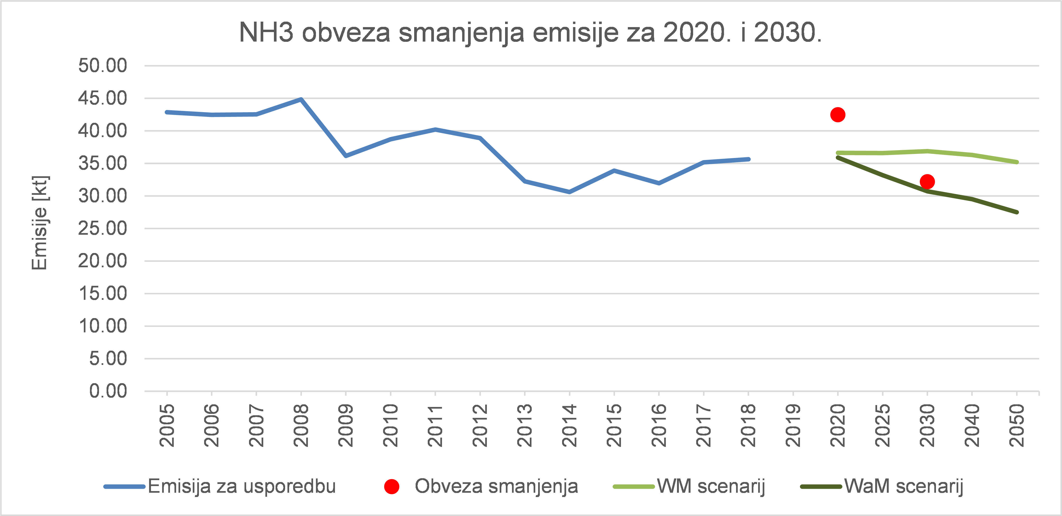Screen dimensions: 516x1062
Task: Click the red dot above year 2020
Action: pos(838,115)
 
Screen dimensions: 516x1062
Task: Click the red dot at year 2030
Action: pos(927,182)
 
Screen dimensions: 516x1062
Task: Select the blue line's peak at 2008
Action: pos(301,99)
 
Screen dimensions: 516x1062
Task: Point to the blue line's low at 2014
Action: pos(569,192)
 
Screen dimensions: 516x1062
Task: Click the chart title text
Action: pos(530,32)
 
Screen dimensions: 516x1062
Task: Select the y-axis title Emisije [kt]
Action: pos(40,223)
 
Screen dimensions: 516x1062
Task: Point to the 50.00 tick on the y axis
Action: pos(103,66)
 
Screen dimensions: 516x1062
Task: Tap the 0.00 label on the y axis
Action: pos(108,391)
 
